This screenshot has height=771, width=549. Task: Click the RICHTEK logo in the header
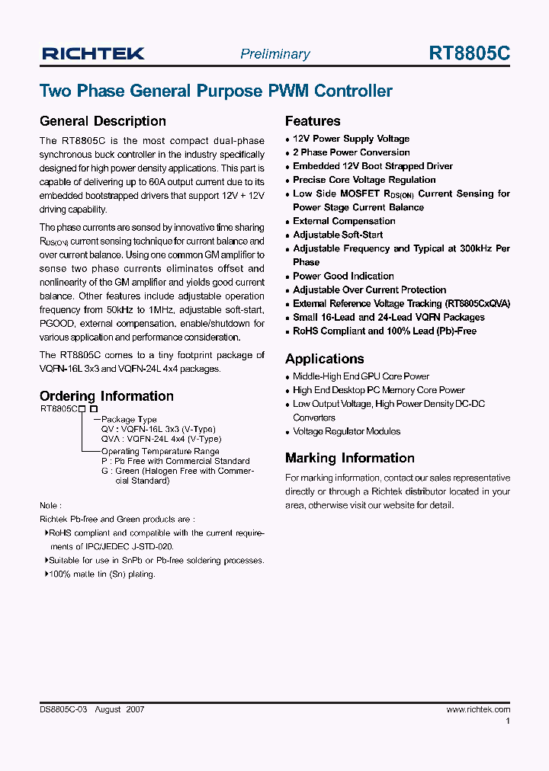coord(93,53)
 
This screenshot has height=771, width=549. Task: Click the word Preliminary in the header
coord(275,54)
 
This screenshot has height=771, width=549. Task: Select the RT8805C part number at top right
coord(469,53)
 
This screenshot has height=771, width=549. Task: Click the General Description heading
coord(102,121)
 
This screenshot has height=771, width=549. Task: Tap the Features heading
coord(313,121)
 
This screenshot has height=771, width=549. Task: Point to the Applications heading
coord(325,359)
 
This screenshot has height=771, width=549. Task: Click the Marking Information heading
coord(350,458)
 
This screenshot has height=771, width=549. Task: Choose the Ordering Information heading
coord(107,396)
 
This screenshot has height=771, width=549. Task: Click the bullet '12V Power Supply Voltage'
coord(351,139)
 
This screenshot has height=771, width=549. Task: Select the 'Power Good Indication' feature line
coord(343,276)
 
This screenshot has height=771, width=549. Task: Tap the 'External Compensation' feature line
coord(344,221)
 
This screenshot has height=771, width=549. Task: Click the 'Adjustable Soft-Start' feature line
coord(338,235)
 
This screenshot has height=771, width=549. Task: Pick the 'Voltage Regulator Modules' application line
coord(346,431)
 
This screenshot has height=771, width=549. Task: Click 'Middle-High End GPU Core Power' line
coord(361,376)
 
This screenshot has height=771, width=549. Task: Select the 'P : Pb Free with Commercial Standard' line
coord(175,461)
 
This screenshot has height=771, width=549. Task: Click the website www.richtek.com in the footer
coord(478,709)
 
